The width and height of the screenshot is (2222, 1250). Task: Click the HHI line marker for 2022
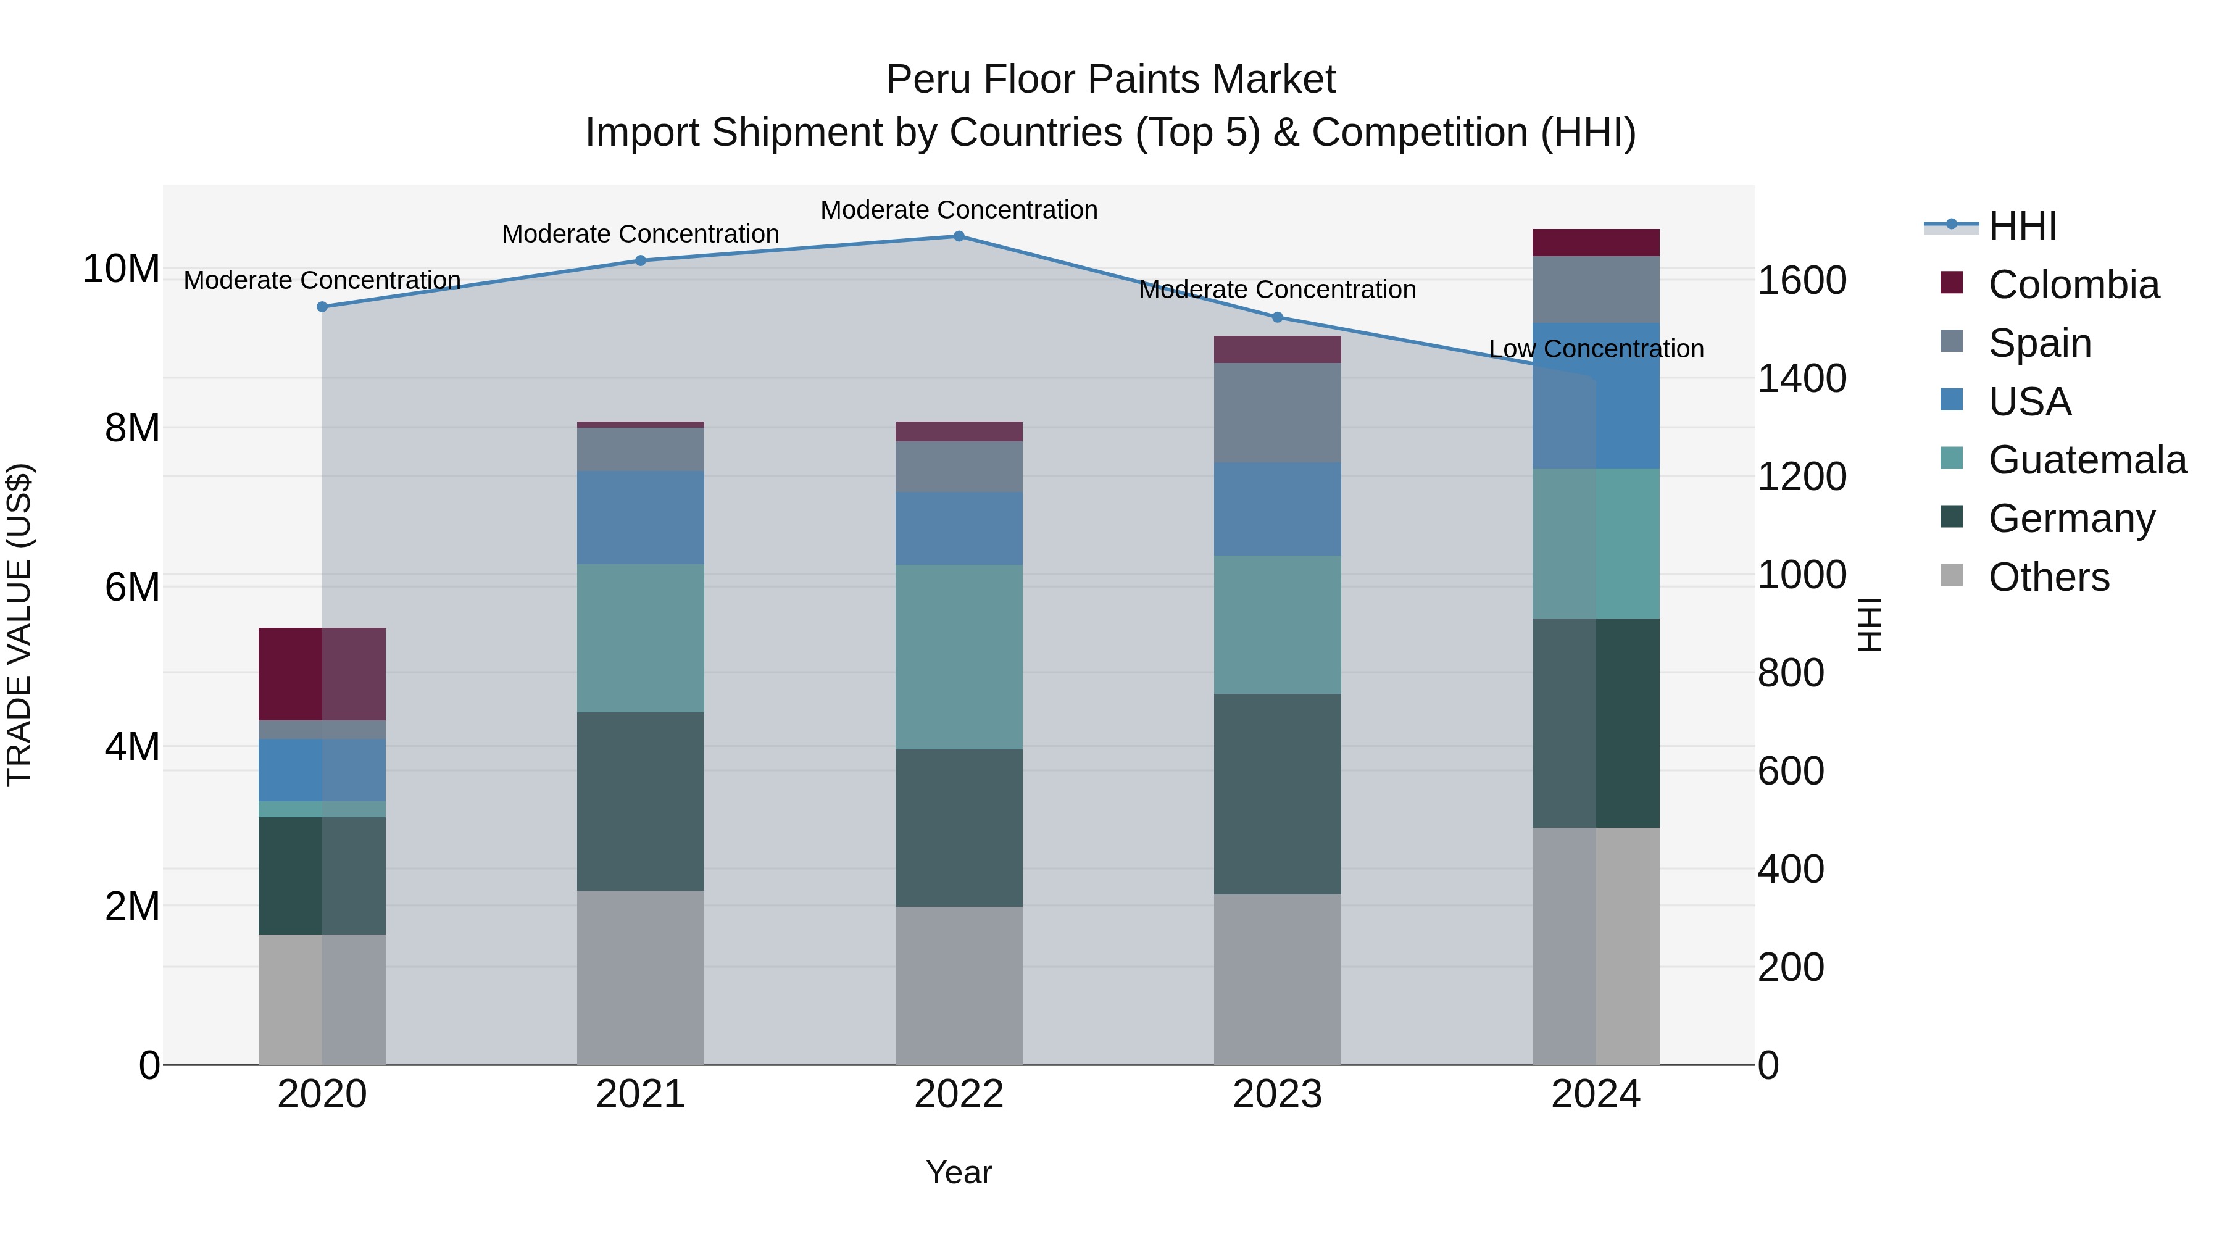[959, 236]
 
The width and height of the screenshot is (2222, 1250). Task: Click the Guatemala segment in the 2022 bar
[959, 657]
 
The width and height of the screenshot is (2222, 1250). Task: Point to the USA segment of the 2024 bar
[1595, 395]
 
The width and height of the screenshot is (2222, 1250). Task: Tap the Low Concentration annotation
[1596, 349]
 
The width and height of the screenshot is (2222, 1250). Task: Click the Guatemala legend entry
[2087, 460]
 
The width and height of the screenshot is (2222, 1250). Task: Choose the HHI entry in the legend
[2022, 226]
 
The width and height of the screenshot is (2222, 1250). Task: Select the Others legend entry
[2049, 577]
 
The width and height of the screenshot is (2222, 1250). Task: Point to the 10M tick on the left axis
[121, 269]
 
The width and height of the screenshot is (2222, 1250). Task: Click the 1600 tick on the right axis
[1802, 281]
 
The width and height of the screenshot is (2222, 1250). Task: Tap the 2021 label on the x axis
[640, 1094]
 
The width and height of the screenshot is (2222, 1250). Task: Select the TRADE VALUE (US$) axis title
[19, 625]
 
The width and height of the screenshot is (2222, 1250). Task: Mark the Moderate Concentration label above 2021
[640, 234]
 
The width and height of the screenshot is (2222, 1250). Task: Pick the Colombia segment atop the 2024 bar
[1595, 243]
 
